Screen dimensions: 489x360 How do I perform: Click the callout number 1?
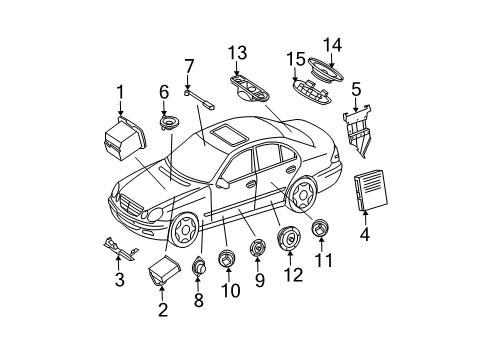click(x=120, y=92)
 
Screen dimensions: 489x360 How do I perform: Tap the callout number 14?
click(x=332, y=45)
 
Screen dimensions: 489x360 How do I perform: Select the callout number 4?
click(x=365, y=234)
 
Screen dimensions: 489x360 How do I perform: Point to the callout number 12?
click(x=293, y=275)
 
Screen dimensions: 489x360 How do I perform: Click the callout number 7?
click(x=189, y=66)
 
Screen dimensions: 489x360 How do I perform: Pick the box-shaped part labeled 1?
click(x=125, y=138)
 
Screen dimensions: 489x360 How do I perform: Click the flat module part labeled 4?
click(x=371, y=190)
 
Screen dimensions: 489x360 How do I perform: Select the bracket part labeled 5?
click(x=358, y=130)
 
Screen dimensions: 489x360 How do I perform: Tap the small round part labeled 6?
click(x=169, y=122)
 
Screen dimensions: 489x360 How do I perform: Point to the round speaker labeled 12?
click(x=289, y=238)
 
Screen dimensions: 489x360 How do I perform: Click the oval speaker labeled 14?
click(x=326, y=71)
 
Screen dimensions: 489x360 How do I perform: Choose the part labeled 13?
click(x=250, y=88)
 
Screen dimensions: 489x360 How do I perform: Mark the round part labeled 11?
click(x=320, y=228)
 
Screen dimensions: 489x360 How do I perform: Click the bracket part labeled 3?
click(x=120, y=249)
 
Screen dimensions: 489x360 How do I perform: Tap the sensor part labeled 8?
click(x=199, y=266)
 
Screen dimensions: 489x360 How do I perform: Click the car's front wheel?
click(x=183, y=229)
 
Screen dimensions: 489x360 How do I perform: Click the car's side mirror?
click(x=223, y=183)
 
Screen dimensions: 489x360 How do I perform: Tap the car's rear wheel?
click(x=303, y=194)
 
